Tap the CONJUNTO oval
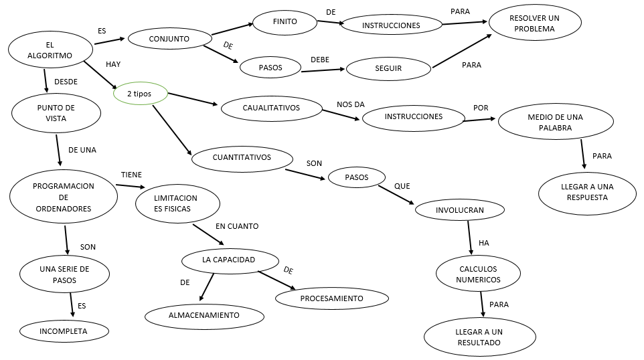169,39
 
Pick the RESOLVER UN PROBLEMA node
535,23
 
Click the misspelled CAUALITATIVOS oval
271,108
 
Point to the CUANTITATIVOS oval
242,158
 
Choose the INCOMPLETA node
64,331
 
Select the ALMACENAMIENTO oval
203,314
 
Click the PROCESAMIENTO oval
331,298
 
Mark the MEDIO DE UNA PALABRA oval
555,122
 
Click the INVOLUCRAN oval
459,210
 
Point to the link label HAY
113,64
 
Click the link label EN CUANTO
237,226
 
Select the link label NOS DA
351,104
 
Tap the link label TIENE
131,174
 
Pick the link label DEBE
319,60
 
